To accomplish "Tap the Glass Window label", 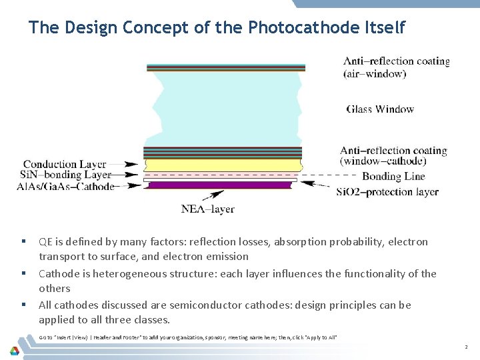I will tap(380, 109).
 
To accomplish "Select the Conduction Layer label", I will tap(65, 164).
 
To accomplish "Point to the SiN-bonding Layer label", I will tap(65, 175).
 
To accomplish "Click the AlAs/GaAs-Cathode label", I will tap(65, 186).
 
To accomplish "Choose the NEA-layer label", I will tap(207, 209).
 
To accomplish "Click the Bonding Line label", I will tap(393, 177).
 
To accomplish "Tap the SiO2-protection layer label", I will tap(387, 192).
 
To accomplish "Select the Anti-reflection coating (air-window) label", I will tap(396, 67).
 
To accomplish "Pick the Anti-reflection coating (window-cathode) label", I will tap(393, 156).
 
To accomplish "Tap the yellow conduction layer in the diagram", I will tap(223, 165).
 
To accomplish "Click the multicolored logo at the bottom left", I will tap(14, 349).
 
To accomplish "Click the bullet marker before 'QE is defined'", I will tap(23, 241).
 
